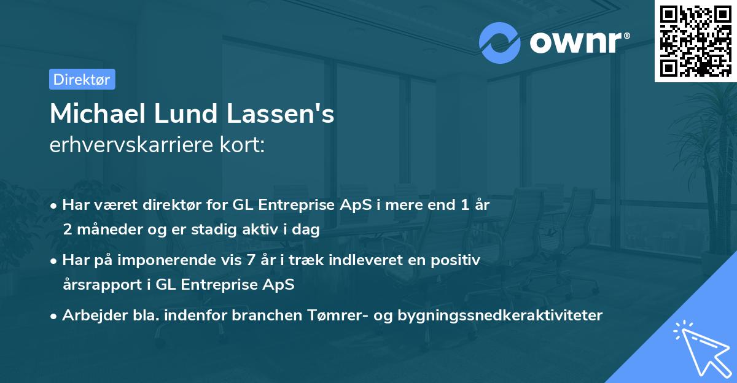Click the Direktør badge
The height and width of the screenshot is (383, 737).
click(82, 79)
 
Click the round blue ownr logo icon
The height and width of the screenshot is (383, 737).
click(500, 42)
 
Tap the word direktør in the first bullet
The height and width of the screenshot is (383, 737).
click(171, 206)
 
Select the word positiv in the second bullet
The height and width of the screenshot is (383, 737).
click(458, 260)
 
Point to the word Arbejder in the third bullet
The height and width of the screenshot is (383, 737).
click(89, 315)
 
